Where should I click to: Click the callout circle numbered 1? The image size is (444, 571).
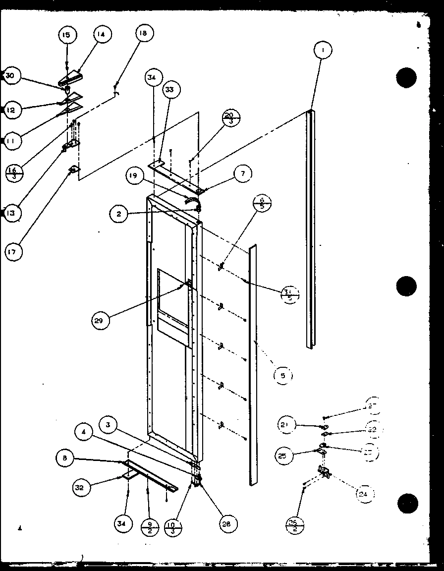323,50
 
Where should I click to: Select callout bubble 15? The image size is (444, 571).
66,35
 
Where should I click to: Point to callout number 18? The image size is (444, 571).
143,34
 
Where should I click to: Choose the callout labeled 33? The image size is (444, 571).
169,90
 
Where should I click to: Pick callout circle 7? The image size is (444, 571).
242,173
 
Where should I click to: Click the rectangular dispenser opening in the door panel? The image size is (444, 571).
172,307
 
